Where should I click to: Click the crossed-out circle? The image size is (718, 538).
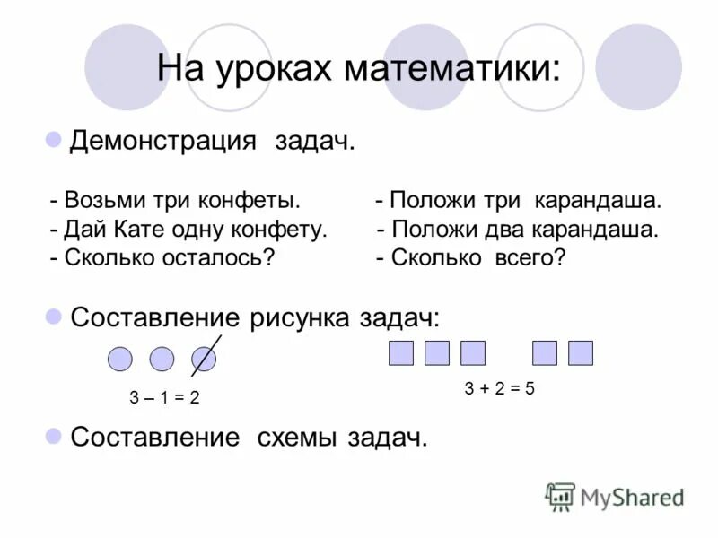[x=204, y=360]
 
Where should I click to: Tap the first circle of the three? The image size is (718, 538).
[x=120, y=360]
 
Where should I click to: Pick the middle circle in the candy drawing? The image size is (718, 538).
[x=162, y=360]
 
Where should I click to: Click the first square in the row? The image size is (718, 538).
[x=401, y=353]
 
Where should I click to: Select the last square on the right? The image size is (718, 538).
[x=581, y=353]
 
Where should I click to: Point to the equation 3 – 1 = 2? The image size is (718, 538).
[x=163, y=398]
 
